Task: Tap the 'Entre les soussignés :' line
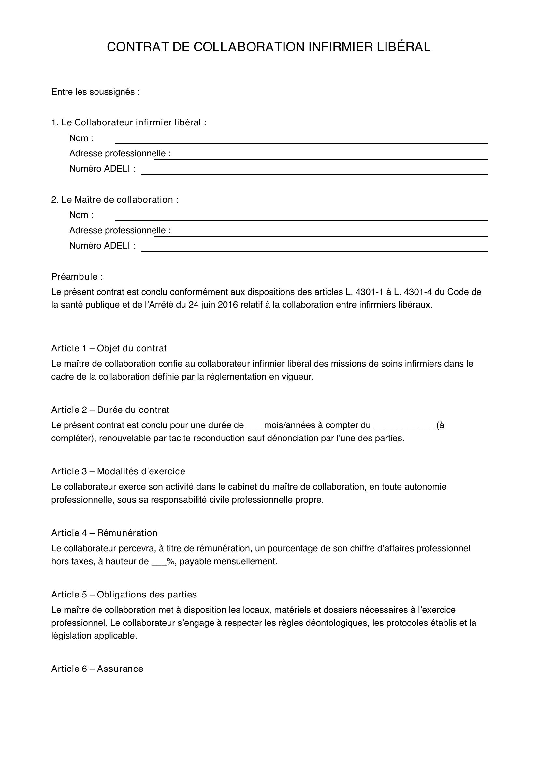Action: tap(95, 92)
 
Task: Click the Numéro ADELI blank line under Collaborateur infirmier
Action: tap(314, 174)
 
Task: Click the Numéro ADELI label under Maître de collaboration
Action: tap(102, 246)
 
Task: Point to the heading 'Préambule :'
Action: tap(77, 277)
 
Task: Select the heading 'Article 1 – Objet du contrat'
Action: tap(109, 348)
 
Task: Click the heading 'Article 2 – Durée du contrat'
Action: tap(110, 410)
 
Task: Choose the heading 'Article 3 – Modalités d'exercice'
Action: tap(118, 471)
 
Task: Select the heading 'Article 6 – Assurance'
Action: tap(97, 669)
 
